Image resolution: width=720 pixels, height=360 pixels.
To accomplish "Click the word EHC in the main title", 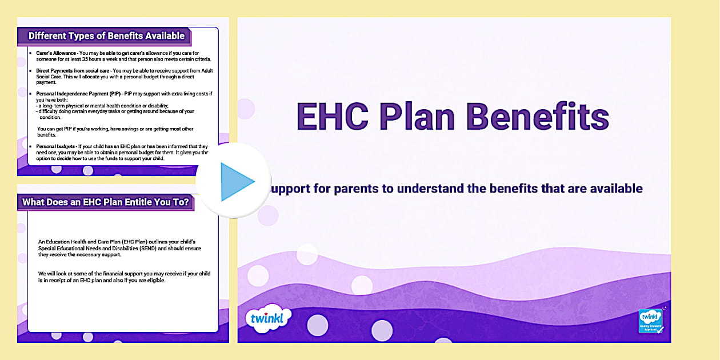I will coord(331,117).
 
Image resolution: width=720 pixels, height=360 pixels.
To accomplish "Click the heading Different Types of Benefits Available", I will coord(106,35).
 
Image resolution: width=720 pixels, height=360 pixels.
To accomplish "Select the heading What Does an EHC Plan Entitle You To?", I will coord(106,202).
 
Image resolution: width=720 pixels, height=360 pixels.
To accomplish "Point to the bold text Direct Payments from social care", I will coord(74,70).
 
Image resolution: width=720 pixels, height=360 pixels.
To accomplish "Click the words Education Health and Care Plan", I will coord(86,242).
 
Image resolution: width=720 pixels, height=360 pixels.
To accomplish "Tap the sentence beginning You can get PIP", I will coord(114,129).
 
